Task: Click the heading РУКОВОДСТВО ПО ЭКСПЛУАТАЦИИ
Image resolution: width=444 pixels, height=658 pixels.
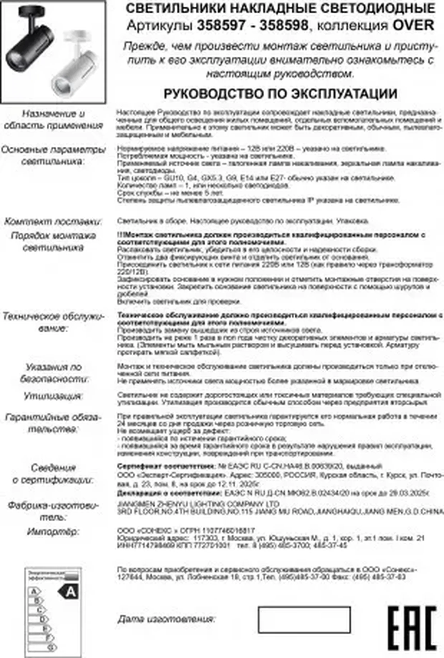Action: tap(280, 94)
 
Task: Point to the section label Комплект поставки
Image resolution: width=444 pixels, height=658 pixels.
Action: tap(53, 222)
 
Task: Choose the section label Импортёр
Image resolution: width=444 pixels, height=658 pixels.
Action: tap(53, 532)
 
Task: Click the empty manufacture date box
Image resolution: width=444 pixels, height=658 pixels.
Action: tap(304, 619)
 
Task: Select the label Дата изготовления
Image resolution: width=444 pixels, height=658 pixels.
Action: tap(166, 619)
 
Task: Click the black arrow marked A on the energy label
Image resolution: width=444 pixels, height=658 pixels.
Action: tap(68, 591)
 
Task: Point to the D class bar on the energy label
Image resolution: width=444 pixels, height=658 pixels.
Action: tap(38, 619)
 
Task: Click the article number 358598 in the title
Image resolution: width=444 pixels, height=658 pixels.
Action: tap(283, 26)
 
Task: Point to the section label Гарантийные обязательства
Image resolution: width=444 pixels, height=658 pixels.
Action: tap(53, 423)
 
